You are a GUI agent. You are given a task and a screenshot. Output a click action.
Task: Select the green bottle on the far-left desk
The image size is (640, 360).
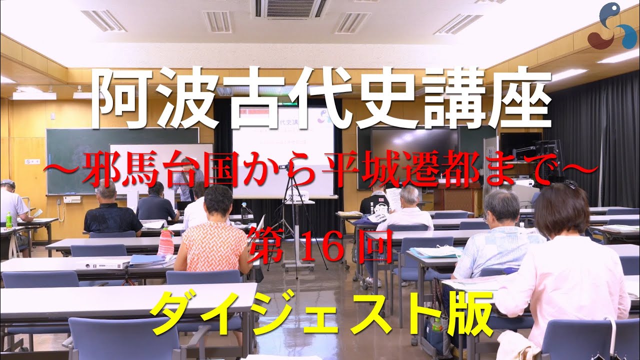pos(8,220)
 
